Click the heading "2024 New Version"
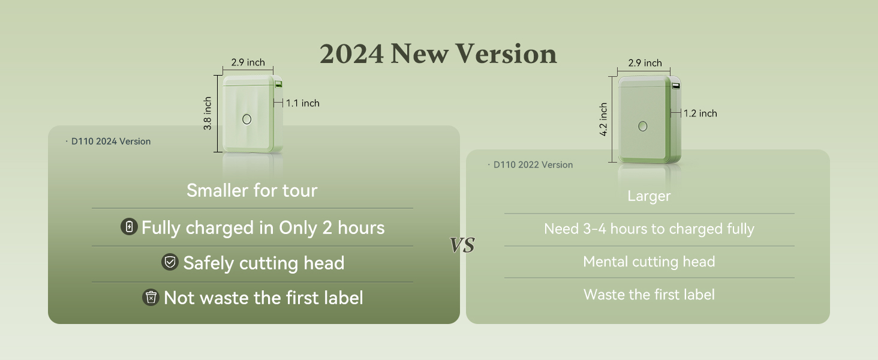point(438,54)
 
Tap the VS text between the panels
point(462,245)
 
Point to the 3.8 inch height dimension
point(208,113)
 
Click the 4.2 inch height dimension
point(603,119)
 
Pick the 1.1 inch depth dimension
point(302,103)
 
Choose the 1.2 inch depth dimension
point(700,113)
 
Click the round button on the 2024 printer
point(246,119)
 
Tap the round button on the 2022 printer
point(643,126)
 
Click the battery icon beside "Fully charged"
point(129,227)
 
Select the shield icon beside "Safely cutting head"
point(170,262)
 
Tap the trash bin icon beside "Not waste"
point(151,297)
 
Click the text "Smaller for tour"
point(252,191)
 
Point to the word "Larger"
point(649,196)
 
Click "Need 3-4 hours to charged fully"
point(649,229)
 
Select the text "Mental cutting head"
point(649,262)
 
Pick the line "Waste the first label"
point(649,295)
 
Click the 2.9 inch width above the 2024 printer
point(248,62)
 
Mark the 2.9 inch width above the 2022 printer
point(645,63)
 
